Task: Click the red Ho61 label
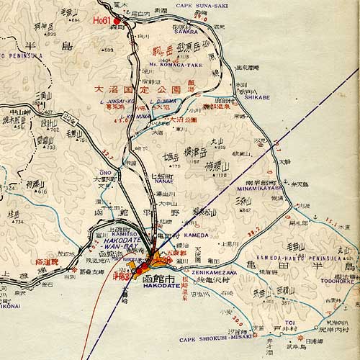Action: (102, 20)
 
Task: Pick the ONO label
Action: (105, 173)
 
